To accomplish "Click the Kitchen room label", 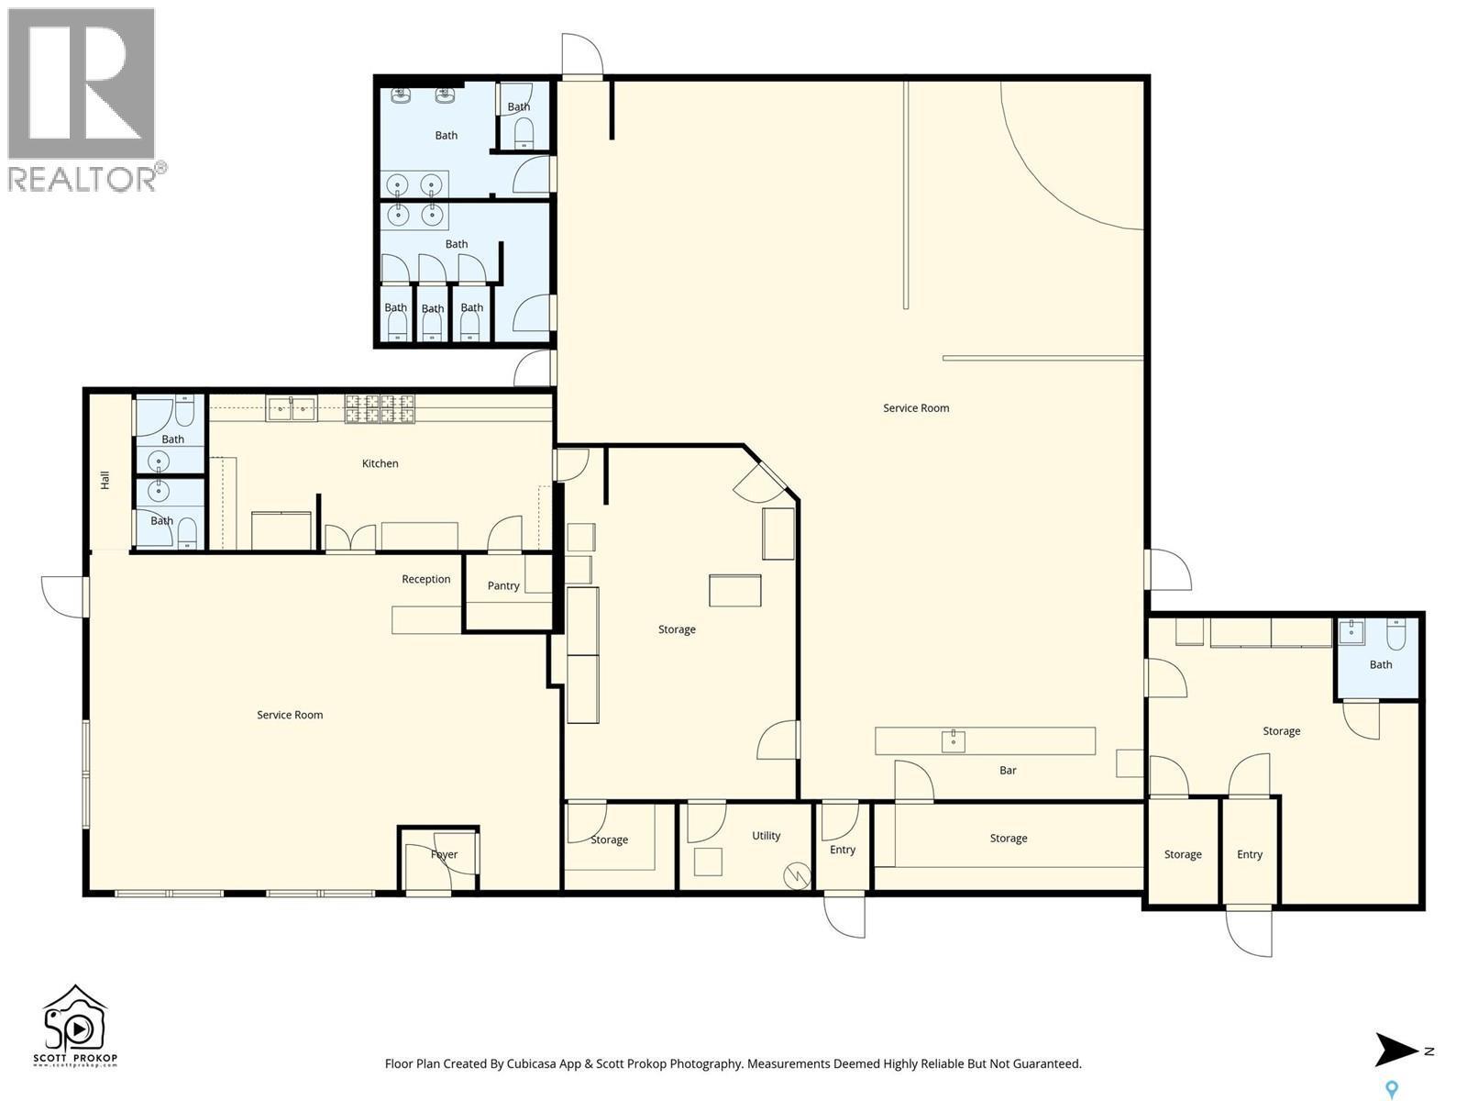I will coord(380,463).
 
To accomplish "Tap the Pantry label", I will coord(503,585).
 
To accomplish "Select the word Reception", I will coord(425,579).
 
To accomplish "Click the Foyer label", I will coord(444,854).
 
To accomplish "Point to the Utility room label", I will coord(766,836).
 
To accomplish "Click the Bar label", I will coord(1008,771).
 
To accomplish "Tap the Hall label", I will coord(105,480).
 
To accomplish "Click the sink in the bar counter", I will coord(953,740).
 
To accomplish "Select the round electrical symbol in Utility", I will coord(797,876).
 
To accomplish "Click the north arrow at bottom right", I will coord(1397,1051).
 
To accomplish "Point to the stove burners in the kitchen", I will coord(380,409).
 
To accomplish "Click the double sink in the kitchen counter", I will coord(292,408).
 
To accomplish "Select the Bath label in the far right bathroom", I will coord(1380,664).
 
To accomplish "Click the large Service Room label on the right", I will coord(915,408).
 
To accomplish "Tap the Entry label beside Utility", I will coord(842,850).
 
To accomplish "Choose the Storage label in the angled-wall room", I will coord(677,629).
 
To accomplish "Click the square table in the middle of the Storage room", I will coord(734,590).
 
